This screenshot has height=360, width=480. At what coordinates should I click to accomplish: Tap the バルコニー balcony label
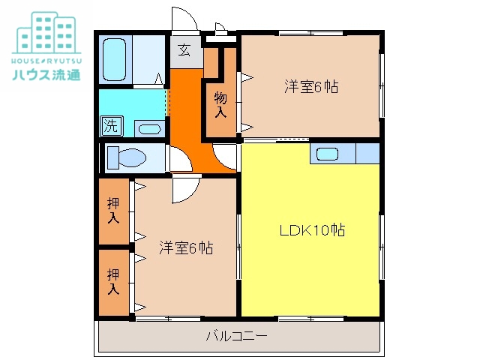pyautogui.click(x=236, y=336)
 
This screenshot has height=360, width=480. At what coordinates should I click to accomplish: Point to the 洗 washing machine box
pyautogui.click(x=111, y=126)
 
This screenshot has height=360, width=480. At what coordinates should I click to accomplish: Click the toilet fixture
pyautogui.click(x=126, y=158)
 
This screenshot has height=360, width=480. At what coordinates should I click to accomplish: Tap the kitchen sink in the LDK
pyautogui.click(x=328, y=154)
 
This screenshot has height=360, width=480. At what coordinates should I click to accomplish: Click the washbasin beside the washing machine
pyautogui.click(x=148, y=128)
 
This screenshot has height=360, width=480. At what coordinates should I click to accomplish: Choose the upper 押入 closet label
pyautogui.click(x=113, y=211)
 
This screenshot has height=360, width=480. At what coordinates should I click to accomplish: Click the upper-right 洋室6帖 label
pyautogui.click(x=310, y=86)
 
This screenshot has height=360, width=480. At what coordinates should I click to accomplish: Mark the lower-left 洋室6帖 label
pyautogui.click(x=186, y=247)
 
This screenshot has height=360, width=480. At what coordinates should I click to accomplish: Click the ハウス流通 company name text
pyautogui.click(x=46, y=74)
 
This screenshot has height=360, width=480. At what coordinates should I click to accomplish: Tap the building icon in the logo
pyautogui.click(x=46, y=30)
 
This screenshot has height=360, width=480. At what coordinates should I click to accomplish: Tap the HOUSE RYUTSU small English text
pyautogui.click(x=46, y=58)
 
